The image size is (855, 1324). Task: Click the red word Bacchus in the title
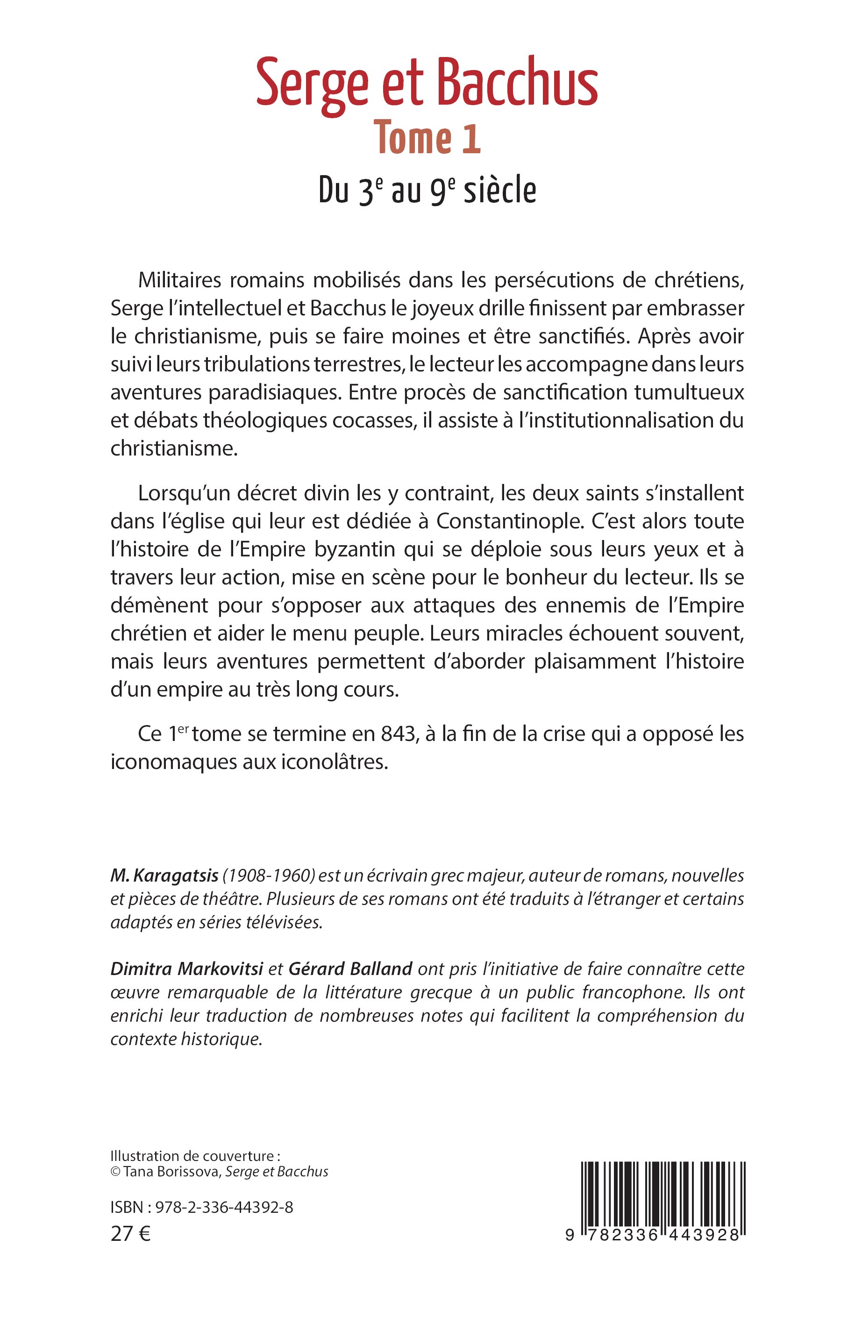518,83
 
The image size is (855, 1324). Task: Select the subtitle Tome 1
427,138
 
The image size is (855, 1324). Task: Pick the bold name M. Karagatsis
164,876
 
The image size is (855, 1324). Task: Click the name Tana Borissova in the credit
173,1172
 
